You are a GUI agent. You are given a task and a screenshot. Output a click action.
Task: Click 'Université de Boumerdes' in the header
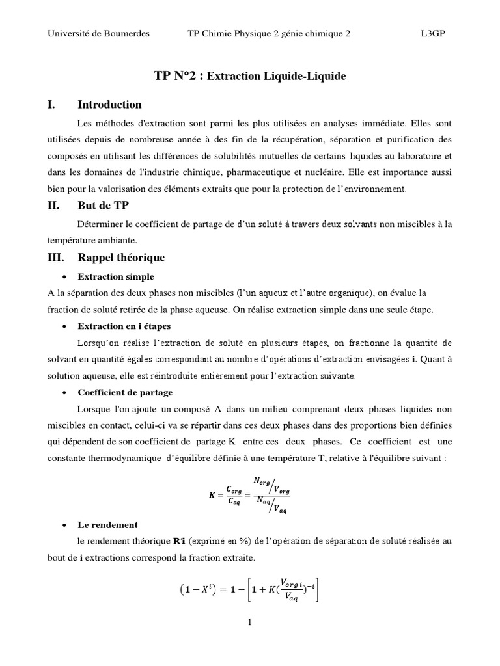(x=98, y=34)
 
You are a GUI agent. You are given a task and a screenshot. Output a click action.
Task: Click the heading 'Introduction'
(x=109, y=105)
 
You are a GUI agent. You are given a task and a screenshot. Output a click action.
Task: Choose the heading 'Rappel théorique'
(x=121, y=257)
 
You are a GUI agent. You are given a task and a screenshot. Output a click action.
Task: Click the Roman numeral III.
(x=57, y=257)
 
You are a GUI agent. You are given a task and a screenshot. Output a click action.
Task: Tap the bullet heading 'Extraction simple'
(x=116, y=276)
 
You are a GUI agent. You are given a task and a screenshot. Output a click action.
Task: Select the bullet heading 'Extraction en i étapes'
(x=124, y=326)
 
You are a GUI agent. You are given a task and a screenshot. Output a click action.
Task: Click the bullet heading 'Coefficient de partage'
(x=125, y=393)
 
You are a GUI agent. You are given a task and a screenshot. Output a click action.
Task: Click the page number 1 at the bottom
(x=250, y=622)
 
